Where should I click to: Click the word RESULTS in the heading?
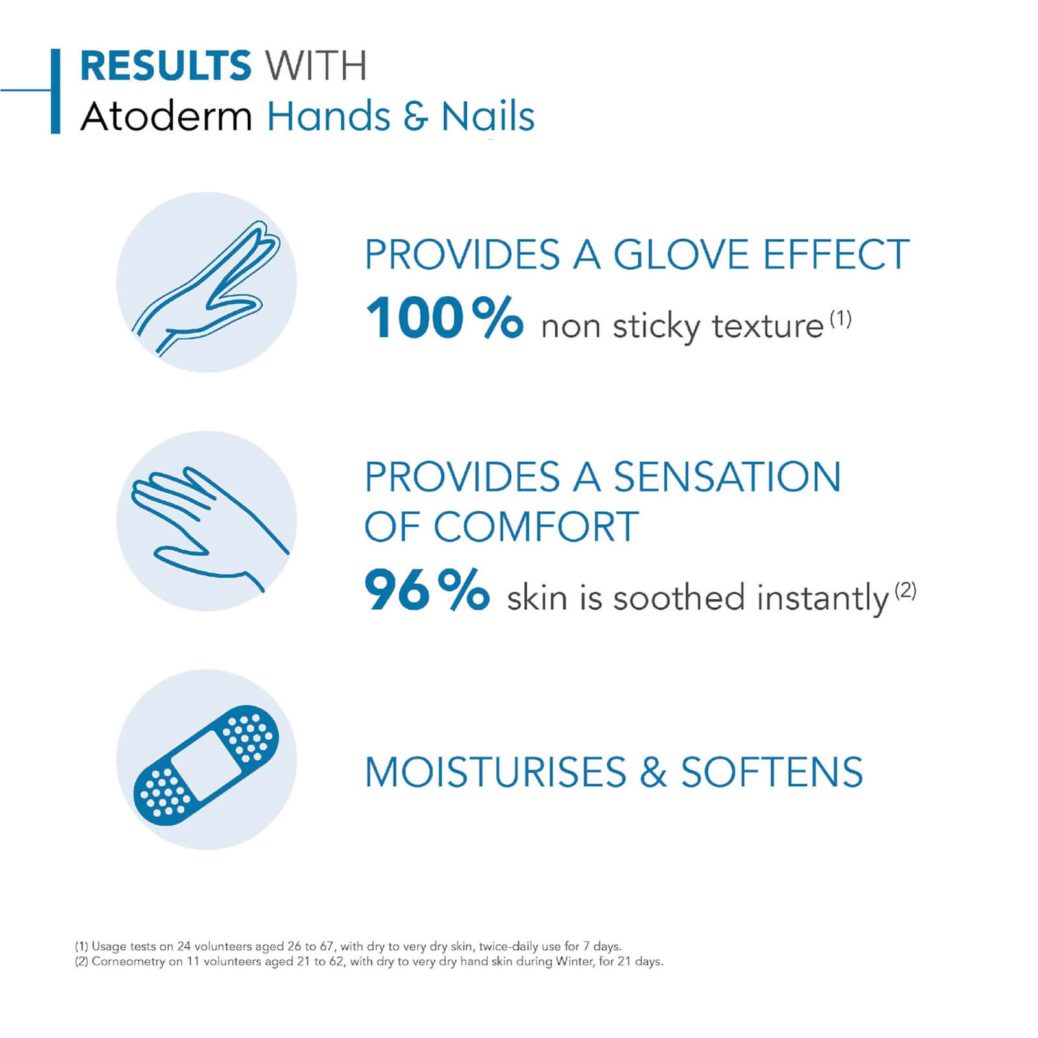click(x=165, y=66)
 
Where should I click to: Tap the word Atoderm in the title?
click(x=166, y=117)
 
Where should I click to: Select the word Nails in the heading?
click(x=488, y=117)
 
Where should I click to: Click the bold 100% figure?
click(x=444, y=318)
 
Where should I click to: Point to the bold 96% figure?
click(x=427, y=589)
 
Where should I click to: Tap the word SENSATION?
click(x=727, y=477)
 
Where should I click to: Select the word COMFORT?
click(x=537, y=526)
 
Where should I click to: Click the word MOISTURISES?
click(x=496, y=772)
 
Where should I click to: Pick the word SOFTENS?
click(x=772, y=772)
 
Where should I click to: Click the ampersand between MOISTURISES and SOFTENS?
click(x=653, y=772)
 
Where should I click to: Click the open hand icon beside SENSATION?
click(x=209, y=527)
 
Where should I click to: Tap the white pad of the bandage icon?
click(x=206, y=766)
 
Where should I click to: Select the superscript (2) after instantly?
click(x=905, y=590)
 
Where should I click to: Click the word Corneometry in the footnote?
click(x=128, y=961)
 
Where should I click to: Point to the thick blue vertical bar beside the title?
click(x=55, y=91)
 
